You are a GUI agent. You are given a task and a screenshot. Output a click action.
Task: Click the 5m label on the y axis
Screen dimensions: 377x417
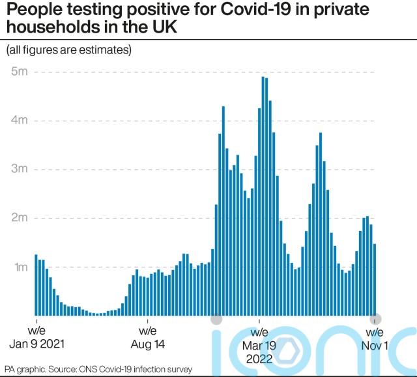coord(18,71)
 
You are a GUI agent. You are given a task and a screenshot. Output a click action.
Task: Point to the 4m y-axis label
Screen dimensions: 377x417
coord(18,120)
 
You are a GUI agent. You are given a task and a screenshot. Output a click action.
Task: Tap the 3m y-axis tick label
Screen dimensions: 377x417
coord(18,169)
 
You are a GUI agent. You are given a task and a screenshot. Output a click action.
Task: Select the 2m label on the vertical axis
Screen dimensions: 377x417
coord(18,218)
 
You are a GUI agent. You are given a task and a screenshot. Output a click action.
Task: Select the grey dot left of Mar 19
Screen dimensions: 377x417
coord(216,319)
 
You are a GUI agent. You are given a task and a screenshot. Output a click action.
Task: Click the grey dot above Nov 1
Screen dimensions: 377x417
coord(375,319)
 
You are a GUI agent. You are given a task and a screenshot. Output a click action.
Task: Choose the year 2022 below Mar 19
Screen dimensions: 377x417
coord(260,358)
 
